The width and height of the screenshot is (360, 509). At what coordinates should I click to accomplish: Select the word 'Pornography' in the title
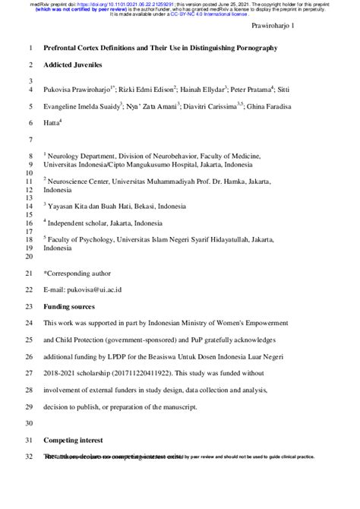250,48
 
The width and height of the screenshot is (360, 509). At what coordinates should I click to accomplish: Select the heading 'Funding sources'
69,306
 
